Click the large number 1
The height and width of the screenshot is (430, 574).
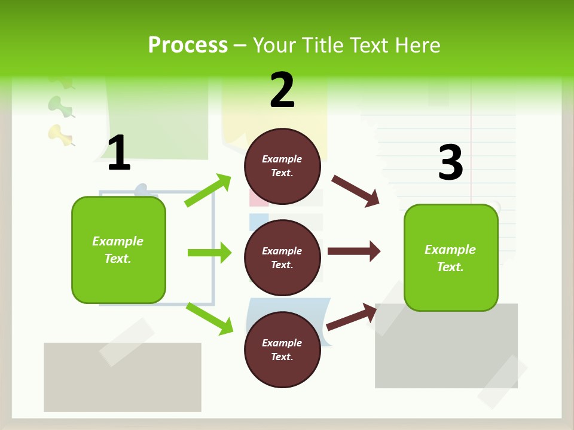[119, 153]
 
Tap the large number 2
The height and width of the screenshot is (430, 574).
[282, 90]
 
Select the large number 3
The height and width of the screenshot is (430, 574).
[450, 163]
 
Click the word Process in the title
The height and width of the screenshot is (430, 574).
[188, 45]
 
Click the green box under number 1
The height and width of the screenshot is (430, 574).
[118, 250]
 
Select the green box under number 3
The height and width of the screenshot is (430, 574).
[451, 257]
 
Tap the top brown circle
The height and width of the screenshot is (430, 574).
[282, 166]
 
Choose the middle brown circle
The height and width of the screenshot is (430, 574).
[282, 257]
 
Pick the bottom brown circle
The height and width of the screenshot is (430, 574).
[282, 349]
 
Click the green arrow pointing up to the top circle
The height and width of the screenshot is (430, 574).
[208, 191]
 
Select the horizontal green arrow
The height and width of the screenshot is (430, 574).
[209, 253]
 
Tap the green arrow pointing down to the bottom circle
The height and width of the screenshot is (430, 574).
[209, 318]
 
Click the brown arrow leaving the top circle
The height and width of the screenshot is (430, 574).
[356, 191]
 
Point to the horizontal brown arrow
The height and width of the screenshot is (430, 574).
[354, 251]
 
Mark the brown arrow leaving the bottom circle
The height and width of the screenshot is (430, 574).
[352, 317]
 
